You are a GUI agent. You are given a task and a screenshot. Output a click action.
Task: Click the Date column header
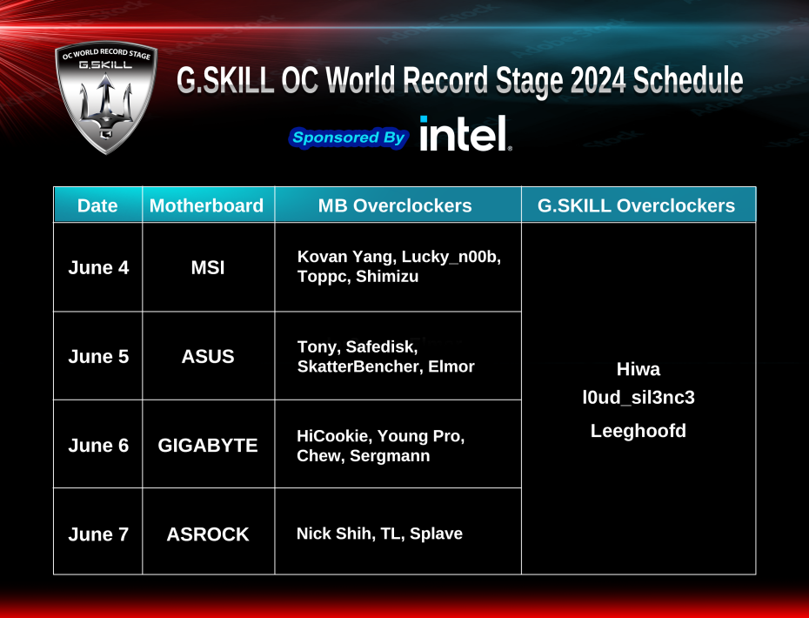[x=97, y=205]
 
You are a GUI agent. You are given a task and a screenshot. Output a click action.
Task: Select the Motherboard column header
[x=206, y=205]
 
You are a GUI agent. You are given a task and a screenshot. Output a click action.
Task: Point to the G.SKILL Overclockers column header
[x=637, y=205]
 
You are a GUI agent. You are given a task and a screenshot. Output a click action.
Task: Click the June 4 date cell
[x=98, y=267]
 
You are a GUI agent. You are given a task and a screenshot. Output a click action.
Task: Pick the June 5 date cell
[x=98, y=356]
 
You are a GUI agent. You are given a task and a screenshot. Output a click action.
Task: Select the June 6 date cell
[x=98, y=445]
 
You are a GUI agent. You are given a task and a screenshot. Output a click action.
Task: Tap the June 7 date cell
[x=98, y=534]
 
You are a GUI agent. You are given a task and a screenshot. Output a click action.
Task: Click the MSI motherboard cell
[x=208, y=267]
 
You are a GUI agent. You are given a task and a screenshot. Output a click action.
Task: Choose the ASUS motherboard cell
[x=208, y=356]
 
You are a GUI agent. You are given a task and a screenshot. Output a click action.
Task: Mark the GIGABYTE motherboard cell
[x=208, y=445]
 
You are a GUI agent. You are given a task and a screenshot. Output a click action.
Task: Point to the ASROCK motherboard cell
[x=208, y=534]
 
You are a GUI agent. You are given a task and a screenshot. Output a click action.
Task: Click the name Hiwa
[x=638, y=369]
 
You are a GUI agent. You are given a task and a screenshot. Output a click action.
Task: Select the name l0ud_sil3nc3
[x=638, y=399]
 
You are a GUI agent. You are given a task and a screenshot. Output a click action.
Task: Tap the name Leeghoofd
[x=638, y=430]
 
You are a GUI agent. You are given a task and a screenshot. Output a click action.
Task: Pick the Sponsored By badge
[x=348, y=138]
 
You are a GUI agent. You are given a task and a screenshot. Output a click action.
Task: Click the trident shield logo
[x=106, y=97]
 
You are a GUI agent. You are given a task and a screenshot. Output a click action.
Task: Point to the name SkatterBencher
[x=358, y=366]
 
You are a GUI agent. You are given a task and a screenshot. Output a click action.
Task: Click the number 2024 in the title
[x=598, y=81]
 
